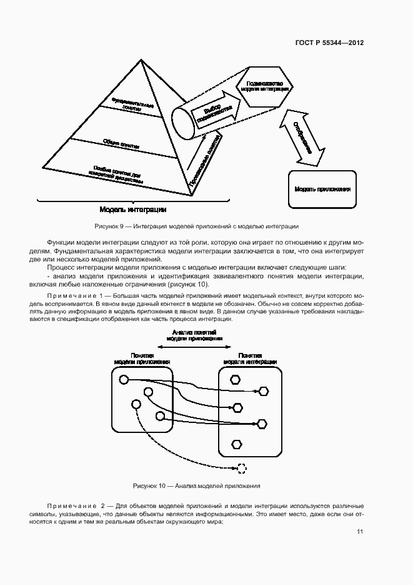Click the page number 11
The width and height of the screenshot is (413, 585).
(360, 532)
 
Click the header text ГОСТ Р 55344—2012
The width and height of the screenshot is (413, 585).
(329, 43)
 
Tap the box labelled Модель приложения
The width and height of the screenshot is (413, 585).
(322, 188)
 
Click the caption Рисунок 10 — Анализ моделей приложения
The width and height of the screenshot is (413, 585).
(197, 486)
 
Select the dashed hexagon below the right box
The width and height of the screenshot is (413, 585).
(242, 467)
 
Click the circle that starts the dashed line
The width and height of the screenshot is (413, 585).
(136, 404)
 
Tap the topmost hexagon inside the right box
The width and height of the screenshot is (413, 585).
(236, 379)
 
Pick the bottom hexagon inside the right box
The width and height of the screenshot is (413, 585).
(236, 444)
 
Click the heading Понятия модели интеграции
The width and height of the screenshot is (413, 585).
(249, 359)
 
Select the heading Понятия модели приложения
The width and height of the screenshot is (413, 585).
(142, 359)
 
